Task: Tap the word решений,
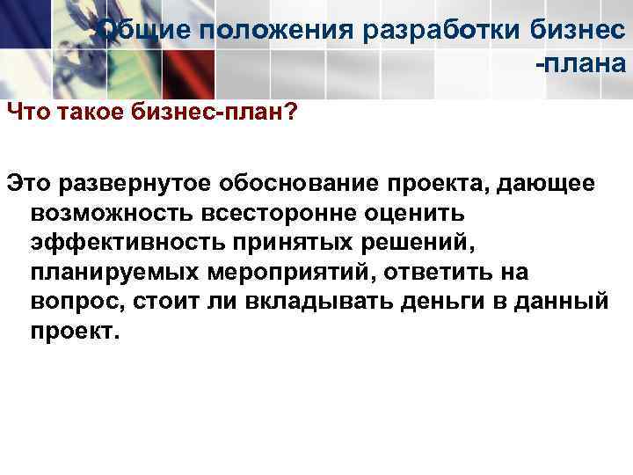(x=373, y=243)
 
